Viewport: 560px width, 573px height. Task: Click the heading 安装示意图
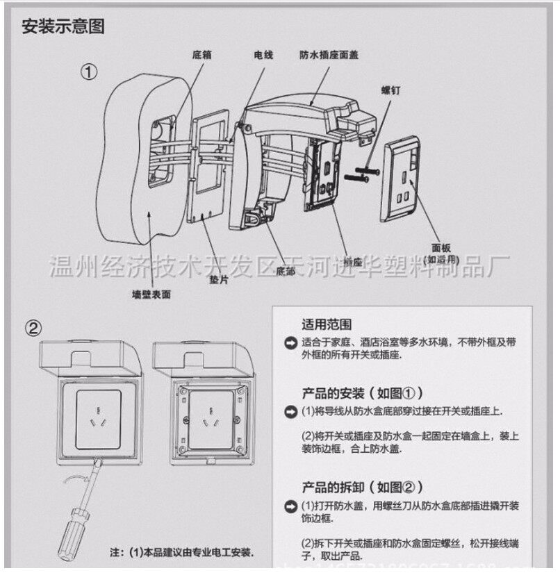(63, 28)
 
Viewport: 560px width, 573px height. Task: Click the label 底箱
(201, 54)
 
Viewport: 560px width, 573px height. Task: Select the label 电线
(263, 54)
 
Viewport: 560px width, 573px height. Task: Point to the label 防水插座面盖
(329, 53)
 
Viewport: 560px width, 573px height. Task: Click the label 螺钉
(391, 90)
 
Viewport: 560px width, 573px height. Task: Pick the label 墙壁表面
(151, 294)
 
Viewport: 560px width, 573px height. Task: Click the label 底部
(286, 270)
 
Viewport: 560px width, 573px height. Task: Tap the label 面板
(442, 247)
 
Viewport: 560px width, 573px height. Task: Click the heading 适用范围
(326, 324)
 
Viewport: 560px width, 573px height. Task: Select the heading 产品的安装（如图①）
(362, 392)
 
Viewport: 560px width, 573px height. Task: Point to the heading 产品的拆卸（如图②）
(362, 487)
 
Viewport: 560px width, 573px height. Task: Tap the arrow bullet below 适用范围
(290, 343)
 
